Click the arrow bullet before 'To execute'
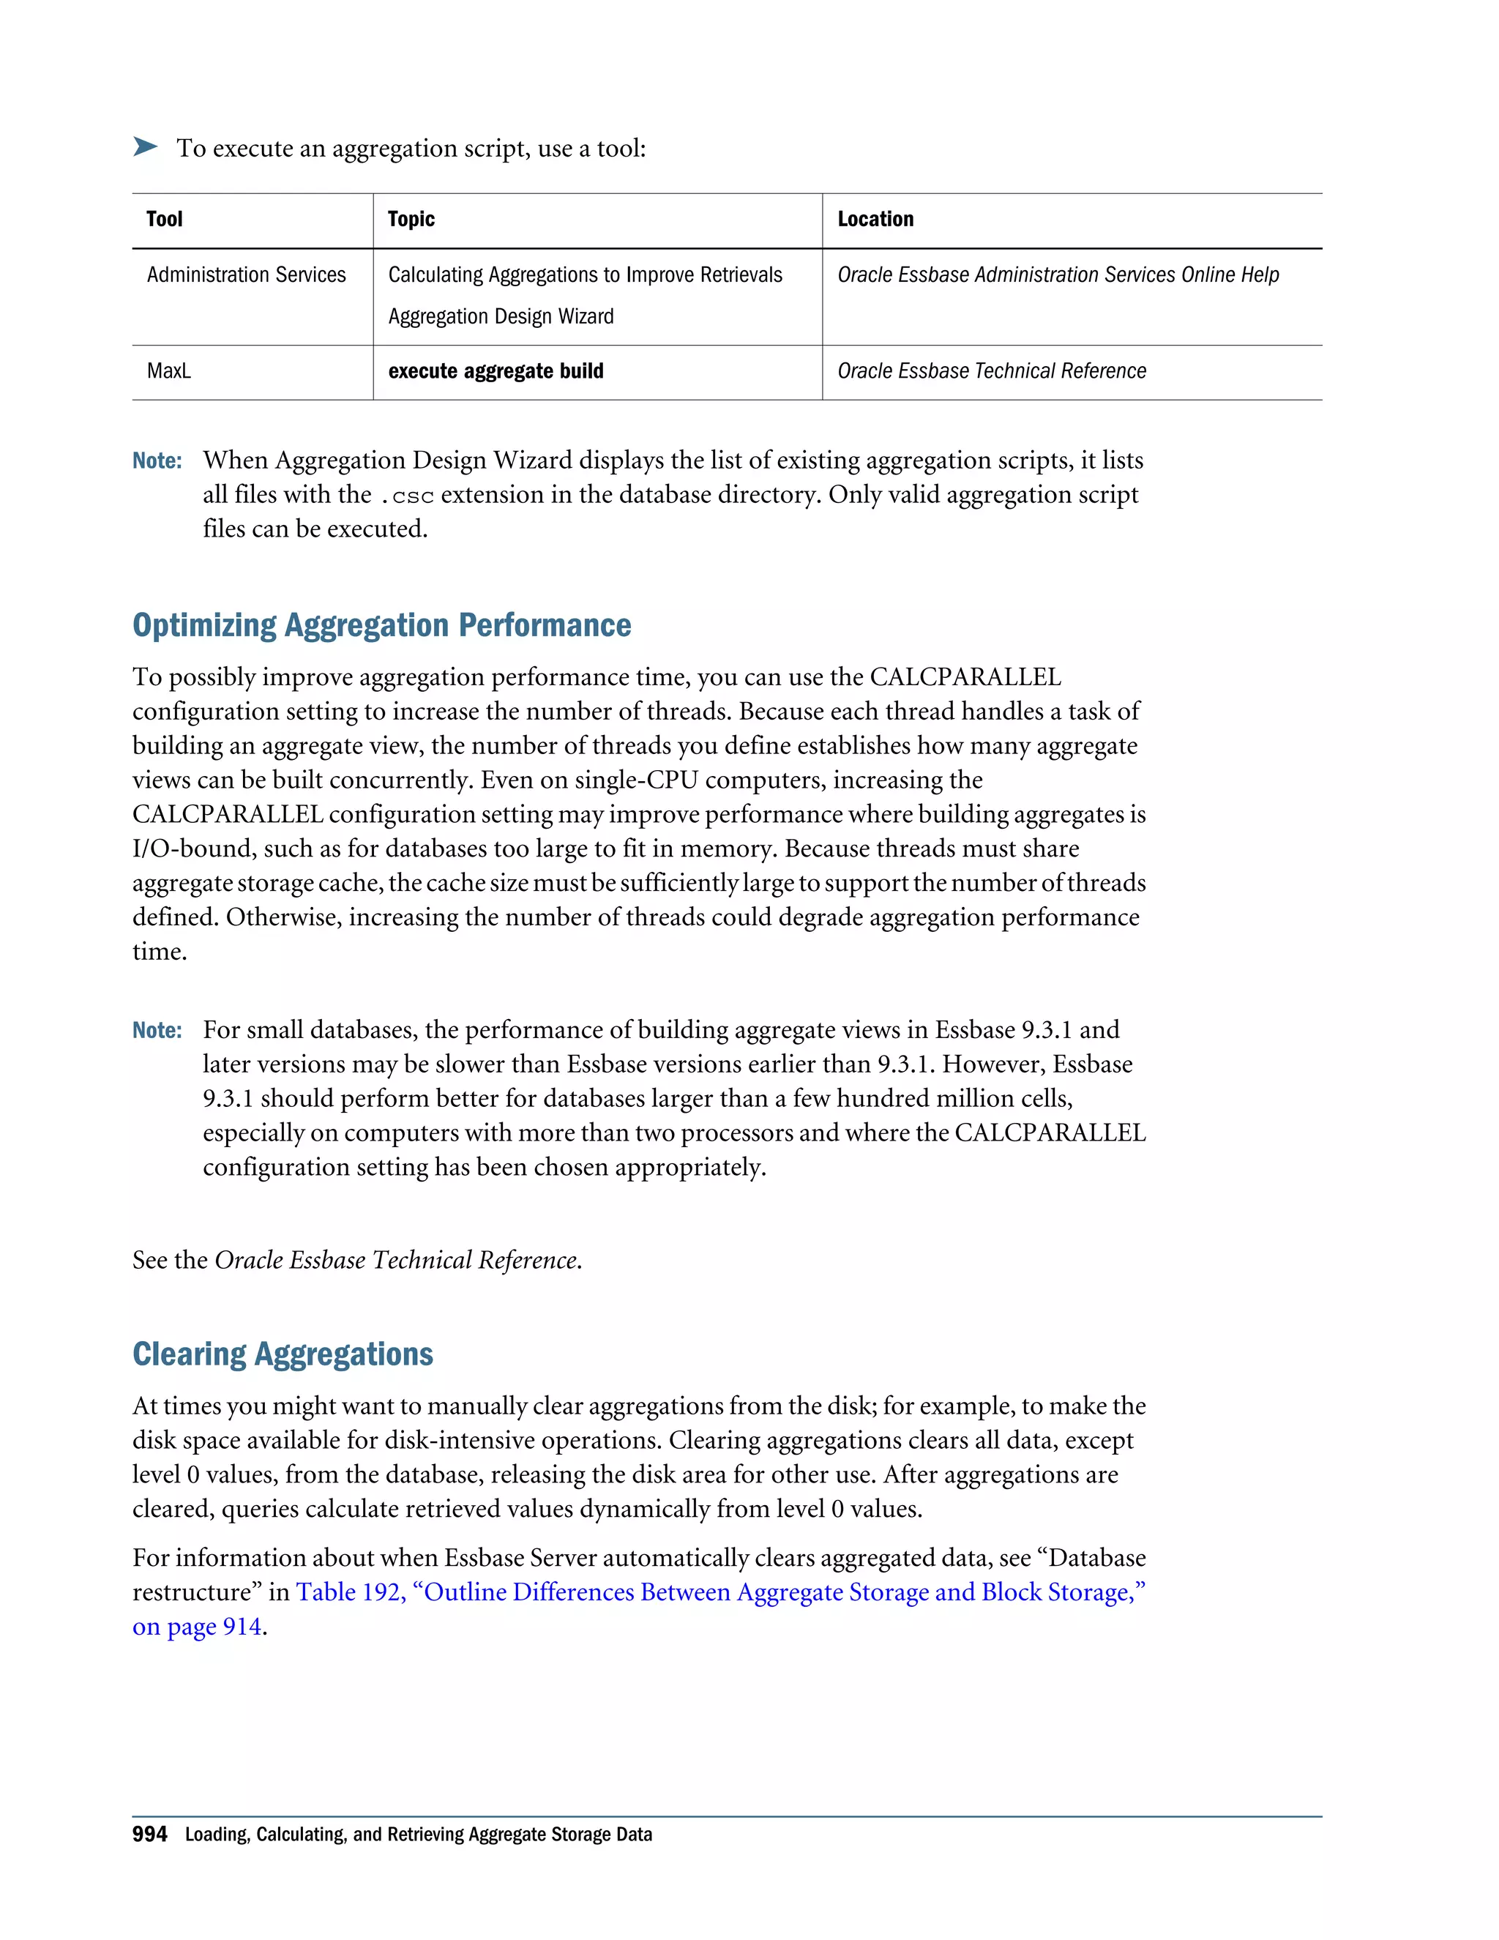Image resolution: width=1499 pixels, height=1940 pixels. tap(145, 146)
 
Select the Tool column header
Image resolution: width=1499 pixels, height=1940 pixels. tap(164, 220)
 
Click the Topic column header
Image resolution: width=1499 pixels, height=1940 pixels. tap(411, 220)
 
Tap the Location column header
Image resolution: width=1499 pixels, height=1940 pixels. tap(875, 220)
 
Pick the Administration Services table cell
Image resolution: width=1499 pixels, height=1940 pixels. tap(246, 275)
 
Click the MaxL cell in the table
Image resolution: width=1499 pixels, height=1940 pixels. tap(169, 371)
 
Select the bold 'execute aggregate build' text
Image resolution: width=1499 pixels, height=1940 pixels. tap(496, 371)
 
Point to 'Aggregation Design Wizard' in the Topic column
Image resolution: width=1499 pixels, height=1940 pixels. tap(501, 317)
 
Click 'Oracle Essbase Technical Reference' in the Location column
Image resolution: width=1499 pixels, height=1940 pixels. tap(991, 371)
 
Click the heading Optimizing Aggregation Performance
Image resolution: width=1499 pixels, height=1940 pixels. tap(382, 625)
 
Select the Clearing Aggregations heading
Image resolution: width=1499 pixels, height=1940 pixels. tap(283, 1354)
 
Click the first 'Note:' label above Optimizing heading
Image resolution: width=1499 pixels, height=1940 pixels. tap(157, 461)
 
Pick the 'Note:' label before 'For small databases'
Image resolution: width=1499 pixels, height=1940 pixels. tap(157, 1031)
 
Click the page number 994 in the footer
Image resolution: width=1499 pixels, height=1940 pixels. tap(149, 1835)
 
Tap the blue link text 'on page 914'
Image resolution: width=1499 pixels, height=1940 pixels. tap(197, 1627)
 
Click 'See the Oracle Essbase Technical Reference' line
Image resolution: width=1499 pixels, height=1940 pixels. tap(357, 1261)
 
